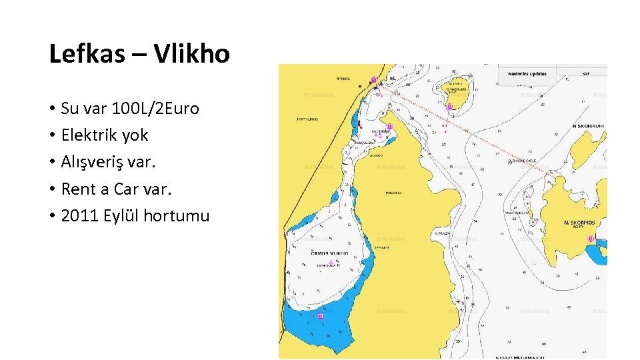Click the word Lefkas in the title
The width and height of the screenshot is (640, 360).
tap(87, 54)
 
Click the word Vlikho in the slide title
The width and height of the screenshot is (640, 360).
tap(192, 54)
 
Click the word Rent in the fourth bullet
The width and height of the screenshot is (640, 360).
tap(79, 189)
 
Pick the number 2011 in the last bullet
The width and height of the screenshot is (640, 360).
tap(79, 216)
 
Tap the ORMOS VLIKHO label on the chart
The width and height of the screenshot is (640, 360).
tap(329, 253)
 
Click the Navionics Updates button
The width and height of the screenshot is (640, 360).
tap(527, 73)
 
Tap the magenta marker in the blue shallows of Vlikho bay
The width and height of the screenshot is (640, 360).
tap(321, 316)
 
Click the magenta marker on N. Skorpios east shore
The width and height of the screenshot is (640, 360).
tap(589, 239)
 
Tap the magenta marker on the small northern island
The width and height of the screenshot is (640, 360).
tap(449, 107)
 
